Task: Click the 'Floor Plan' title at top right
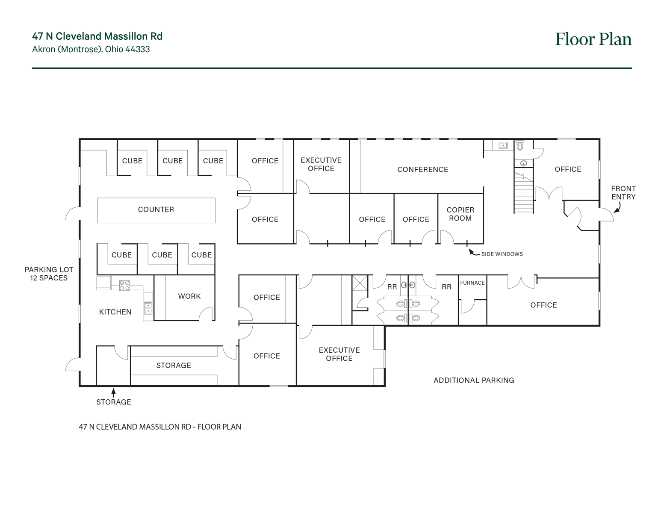593,39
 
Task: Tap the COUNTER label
156,209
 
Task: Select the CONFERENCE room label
422,170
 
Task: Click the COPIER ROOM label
460,214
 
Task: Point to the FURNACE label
472,283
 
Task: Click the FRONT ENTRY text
623,193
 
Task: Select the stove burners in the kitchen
124,286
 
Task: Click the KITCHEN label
115,312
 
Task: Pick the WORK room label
189,296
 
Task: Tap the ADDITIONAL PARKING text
473,380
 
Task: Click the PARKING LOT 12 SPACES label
49,274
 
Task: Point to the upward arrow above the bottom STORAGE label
113,392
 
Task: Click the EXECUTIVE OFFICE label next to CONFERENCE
321,165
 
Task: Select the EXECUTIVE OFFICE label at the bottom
339,354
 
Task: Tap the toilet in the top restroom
520,147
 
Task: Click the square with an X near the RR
360,283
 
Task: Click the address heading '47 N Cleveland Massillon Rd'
97,36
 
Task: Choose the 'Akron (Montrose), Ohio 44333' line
91,50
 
